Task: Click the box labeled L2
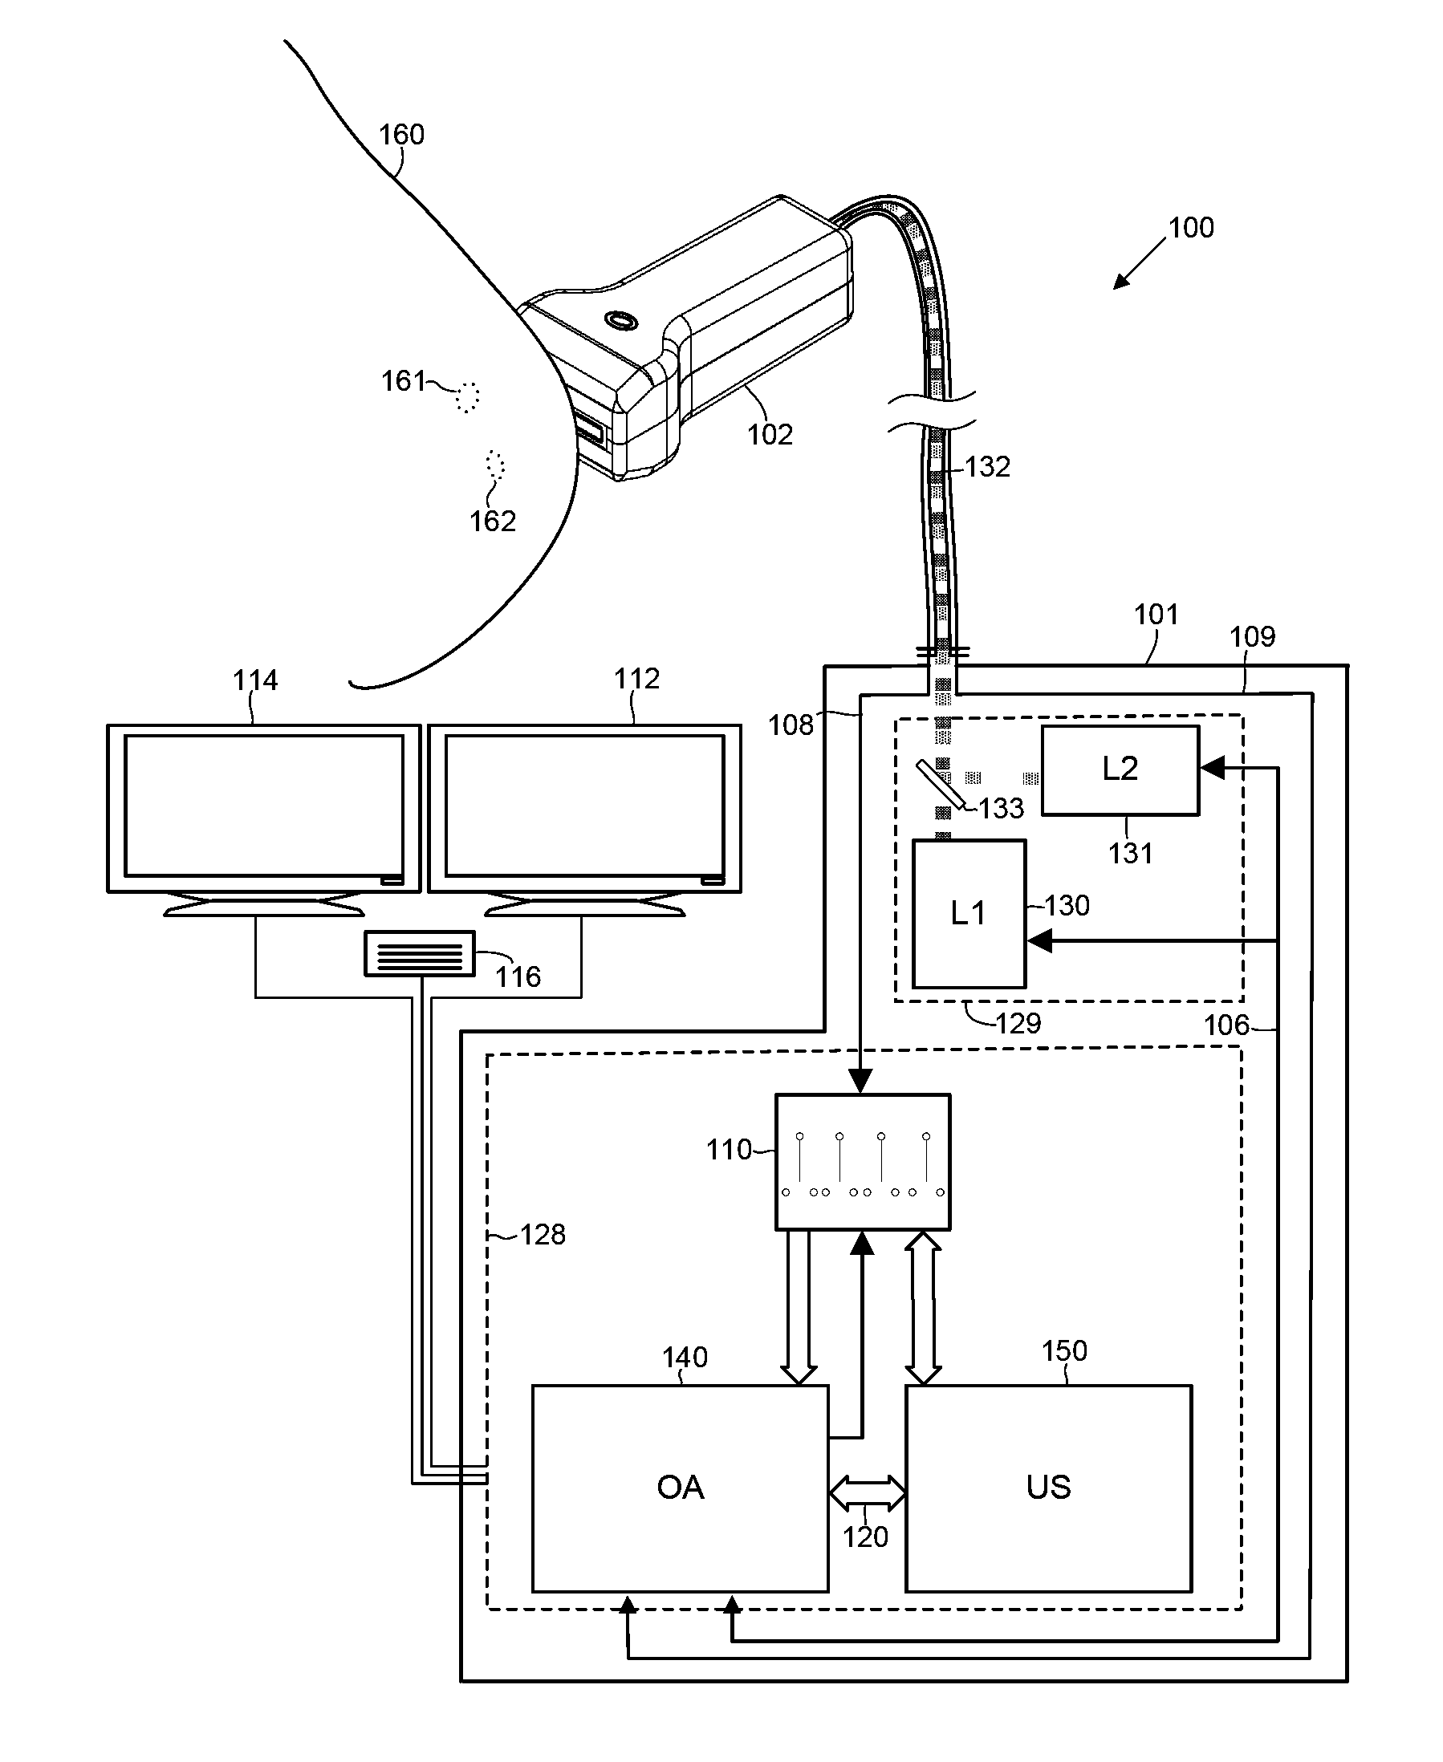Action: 1120,769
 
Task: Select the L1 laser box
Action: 969,913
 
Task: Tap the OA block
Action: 680,1488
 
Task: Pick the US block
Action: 1048,1488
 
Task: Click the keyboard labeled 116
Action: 420,953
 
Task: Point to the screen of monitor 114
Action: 264,806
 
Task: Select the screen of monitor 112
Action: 585,806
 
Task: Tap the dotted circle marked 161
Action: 467,397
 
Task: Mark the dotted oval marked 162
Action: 495,465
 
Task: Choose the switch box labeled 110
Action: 862,1161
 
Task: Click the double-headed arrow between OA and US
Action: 867,1493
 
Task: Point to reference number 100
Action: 1191,228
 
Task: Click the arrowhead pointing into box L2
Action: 1211,769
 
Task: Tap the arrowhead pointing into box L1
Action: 1039,941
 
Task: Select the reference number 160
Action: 401,135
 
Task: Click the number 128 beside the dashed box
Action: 543,1234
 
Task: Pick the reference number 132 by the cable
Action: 987,466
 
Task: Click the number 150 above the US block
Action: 1065,1350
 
